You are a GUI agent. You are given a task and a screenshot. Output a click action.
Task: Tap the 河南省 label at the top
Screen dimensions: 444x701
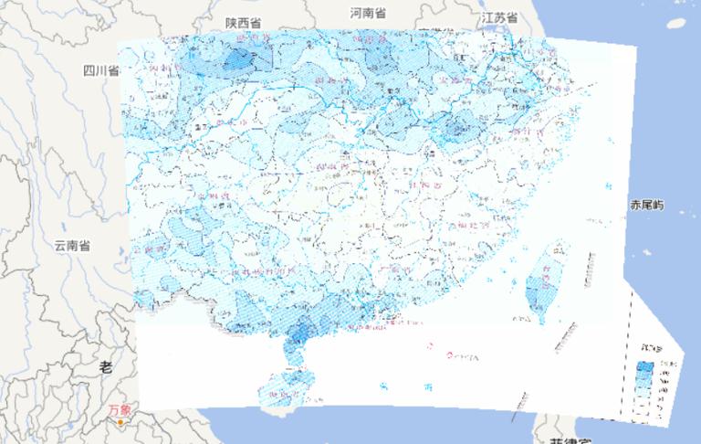click(x=368, y=14)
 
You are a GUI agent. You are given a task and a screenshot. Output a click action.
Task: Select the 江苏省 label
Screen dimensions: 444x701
click(x=499, y=17)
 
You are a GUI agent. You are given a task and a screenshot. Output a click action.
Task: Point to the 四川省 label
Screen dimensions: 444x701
click(x=101, y=70)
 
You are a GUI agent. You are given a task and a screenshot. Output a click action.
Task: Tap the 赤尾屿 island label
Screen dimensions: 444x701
click(x=645, y=205)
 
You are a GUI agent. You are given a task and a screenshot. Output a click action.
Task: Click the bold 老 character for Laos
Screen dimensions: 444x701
click(x=105, y=366)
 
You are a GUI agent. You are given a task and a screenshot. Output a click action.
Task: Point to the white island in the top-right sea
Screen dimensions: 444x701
click(x=676, y=23)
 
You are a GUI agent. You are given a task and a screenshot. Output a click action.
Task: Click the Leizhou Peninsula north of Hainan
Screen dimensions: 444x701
click(x=294, y=351)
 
